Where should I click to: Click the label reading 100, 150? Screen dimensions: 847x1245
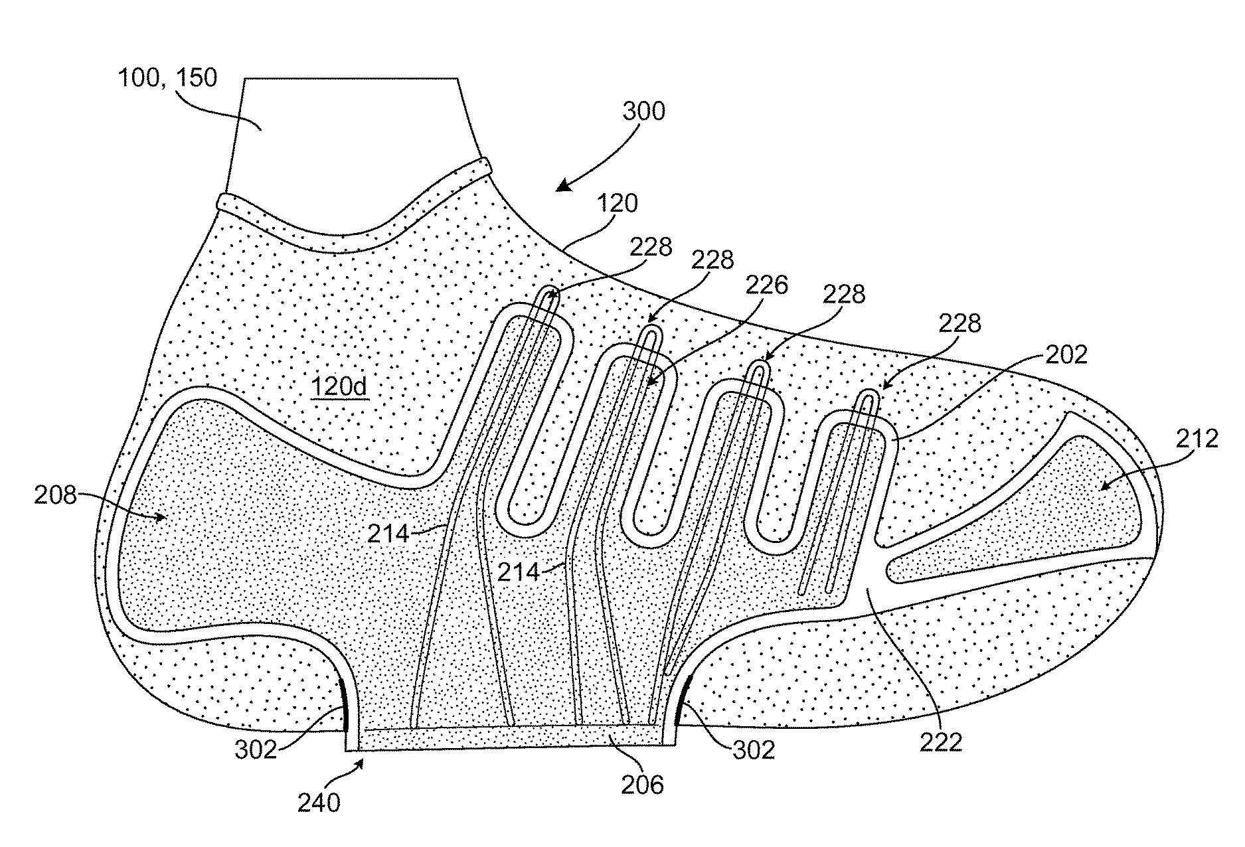(x=167, y=78)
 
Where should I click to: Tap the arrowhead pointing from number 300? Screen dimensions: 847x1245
(x=561, y=187)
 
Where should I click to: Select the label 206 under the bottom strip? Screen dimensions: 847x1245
(x=642, y=785)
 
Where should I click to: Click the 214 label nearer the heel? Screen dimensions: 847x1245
(x=390, y=532)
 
